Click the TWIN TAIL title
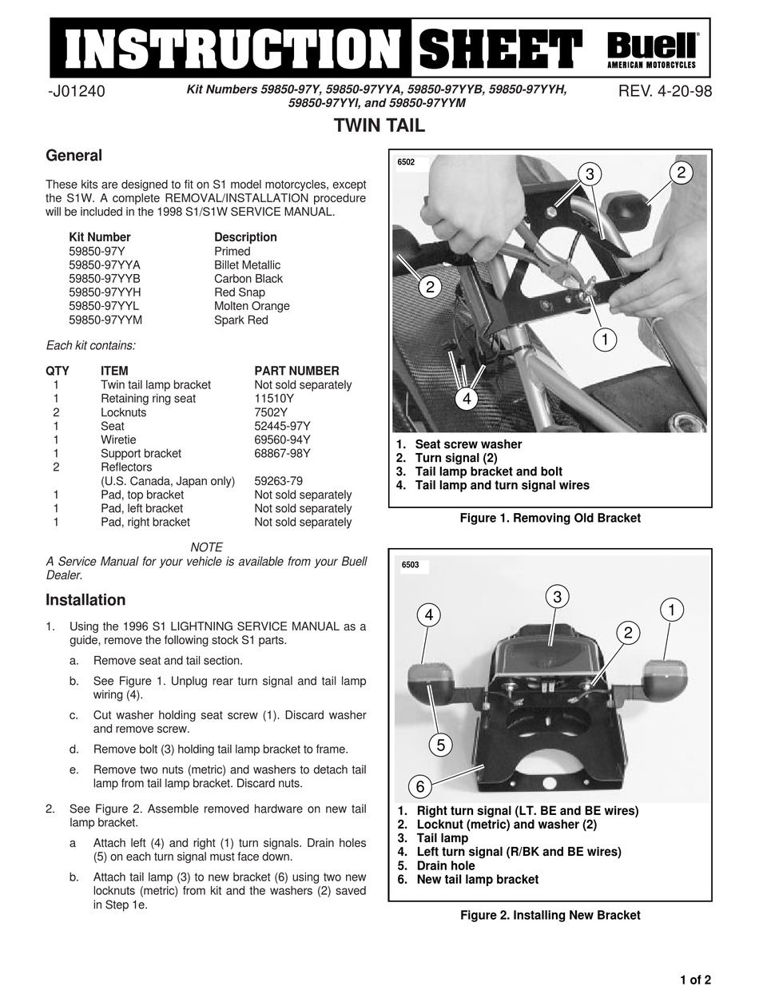[379, 125]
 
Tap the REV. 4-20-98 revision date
[665, 91]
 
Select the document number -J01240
[77, 91]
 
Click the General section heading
[74, 156]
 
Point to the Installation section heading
[85, 600]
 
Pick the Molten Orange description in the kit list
[252, 306]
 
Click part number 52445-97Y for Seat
[282, 426]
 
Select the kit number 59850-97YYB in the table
[105, 279]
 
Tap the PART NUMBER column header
[296, 371]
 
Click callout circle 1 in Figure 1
[606, 340]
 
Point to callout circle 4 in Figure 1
[467, 397]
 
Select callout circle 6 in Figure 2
[420, 786]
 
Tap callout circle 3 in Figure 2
[558, 596]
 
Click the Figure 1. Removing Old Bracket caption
[550, 518]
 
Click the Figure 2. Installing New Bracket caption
[550, 915]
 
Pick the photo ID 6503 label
[411, 565]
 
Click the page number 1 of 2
[695, 980]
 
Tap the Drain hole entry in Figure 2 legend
[445, 865]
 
